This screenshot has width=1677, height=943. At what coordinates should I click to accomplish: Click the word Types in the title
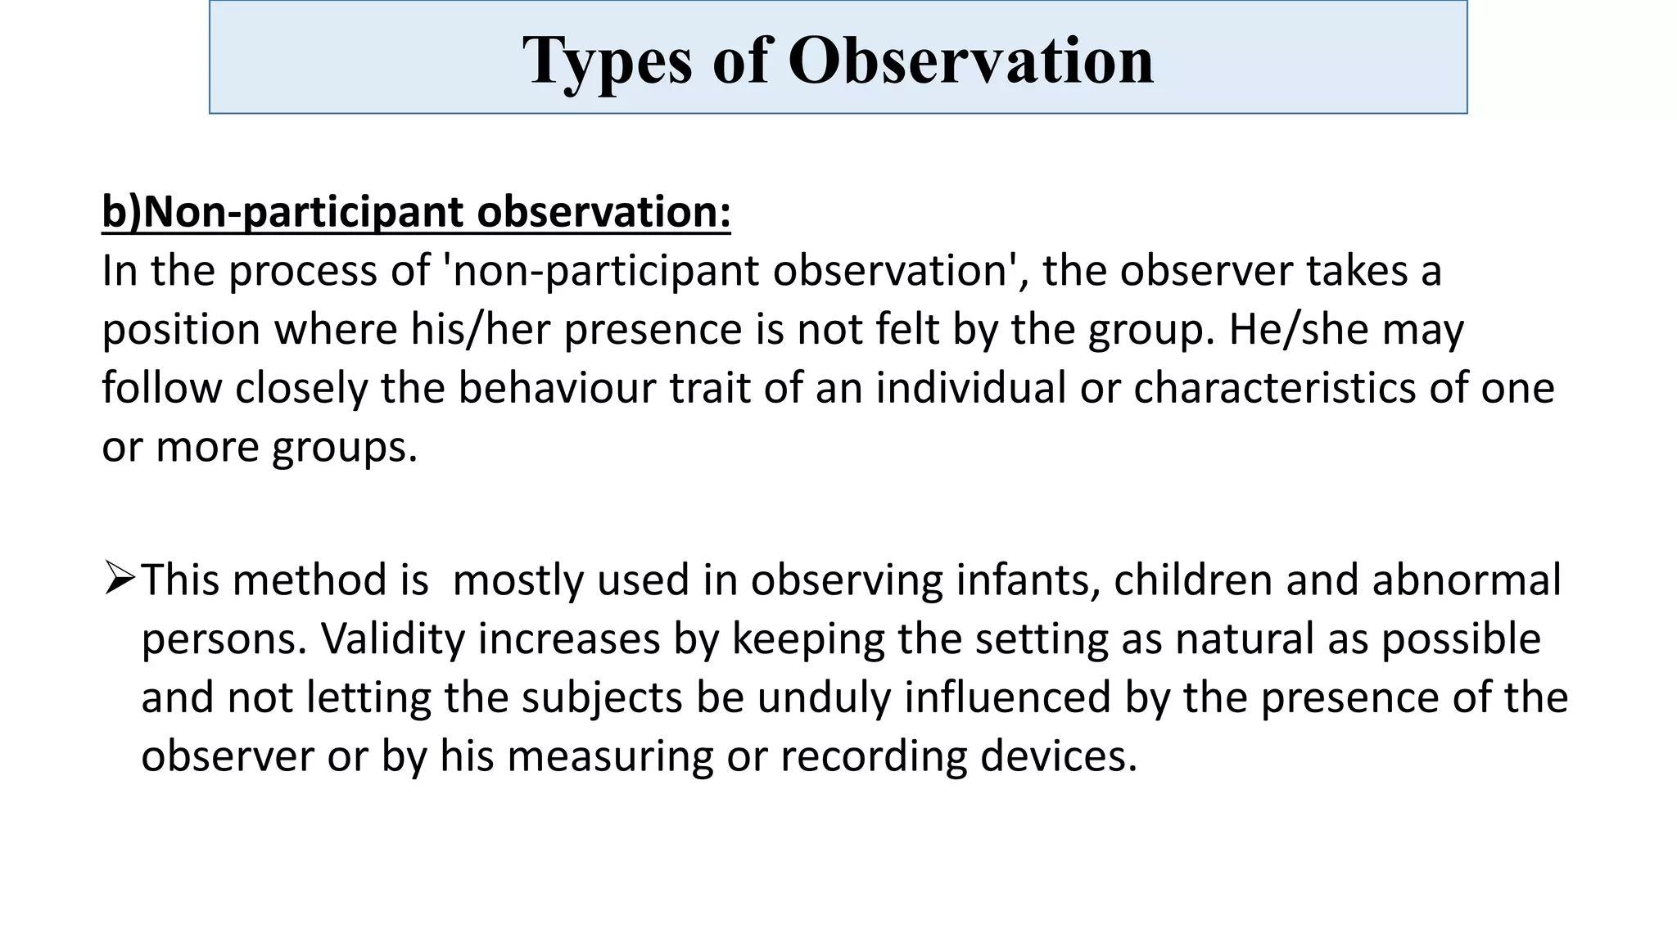coord(607,61)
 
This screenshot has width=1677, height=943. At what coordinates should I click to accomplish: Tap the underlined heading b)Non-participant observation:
coord(416,211)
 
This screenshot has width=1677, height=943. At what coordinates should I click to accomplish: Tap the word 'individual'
coord(970,388)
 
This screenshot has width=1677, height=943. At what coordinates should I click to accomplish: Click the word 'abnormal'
coord(1467,580)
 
